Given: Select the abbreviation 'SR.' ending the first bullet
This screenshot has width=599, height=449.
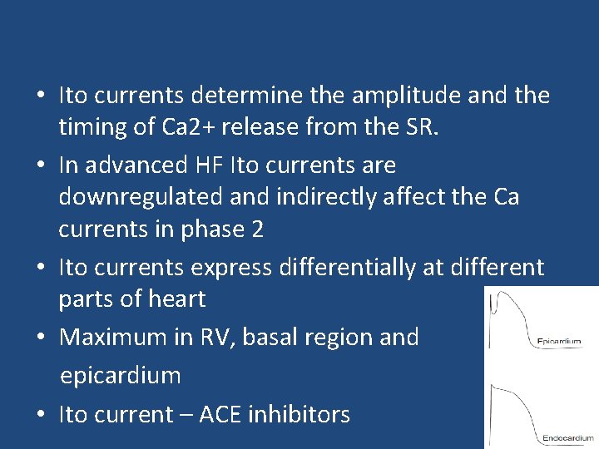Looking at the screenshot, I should tap(396, 127).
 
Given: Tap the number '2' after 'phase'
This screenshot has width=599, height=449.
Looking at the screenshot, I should tap(256, 229).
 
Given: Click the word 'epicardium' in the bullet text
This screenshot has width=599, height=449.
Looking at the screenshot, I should tap(120, 375).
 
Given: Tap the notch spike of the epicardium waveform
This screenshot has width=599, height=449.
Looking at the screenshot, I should tap(495, 301).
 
